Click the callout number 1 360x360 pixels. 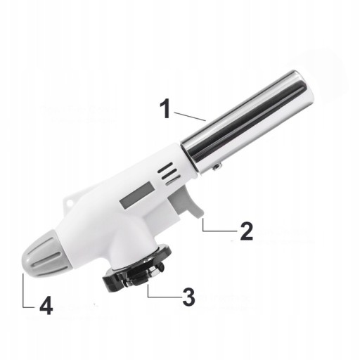pyautogui.click(x=166, y=108)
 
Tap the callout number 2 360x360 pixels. pyautogui.click(x=247, y=231)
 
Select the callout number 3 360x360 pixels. pyautogui.click(x=188, y=297)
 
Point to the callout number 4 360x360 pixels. pyautogui.click(x=46, y=305)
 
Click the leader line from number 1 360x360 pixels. pyautogui.click(x=190, y=117)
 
